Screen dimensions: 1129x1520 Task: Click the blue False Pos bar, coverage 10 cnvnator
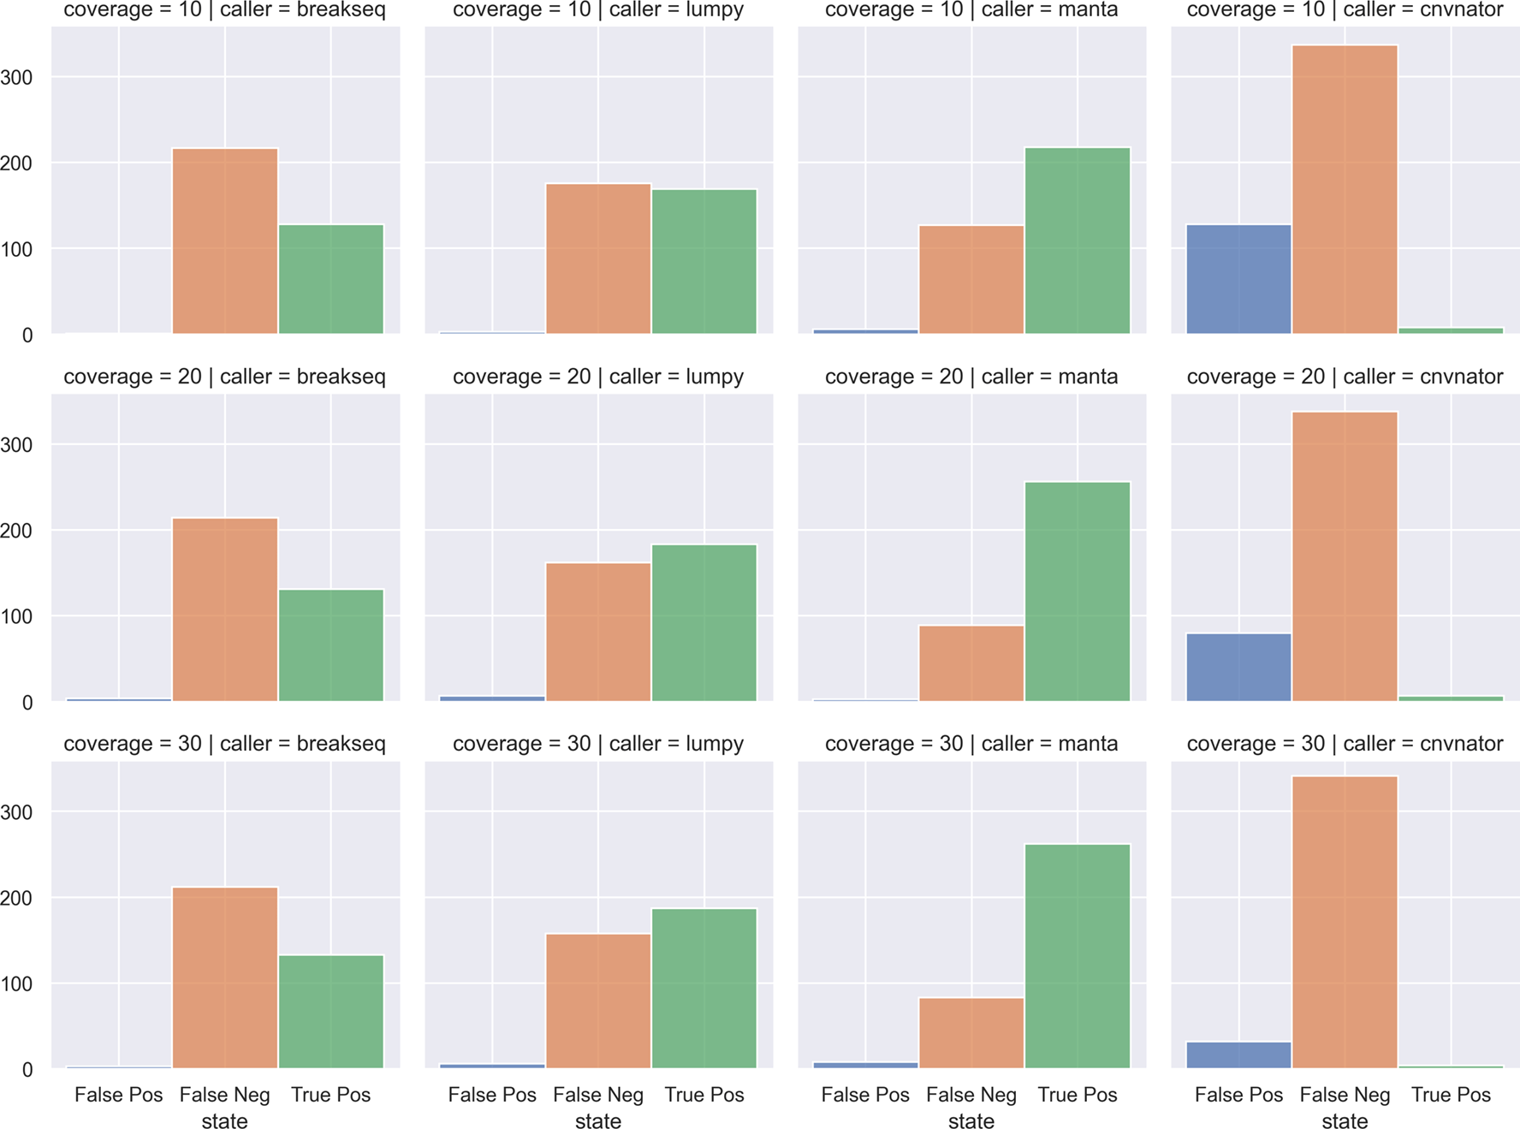[x=1238, y=279]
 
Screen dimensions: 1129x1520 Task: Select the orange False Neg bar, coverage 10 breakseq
[x=225, y=241]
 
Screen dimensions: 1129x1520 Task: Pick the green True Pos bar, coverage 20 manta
[x=1078, y=591]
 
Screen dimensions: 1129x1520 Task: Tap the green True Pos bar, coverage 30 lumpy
[x=704, y=988]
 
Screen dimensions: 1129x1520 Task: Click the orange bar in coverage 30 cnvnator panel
[x=1345, y=922]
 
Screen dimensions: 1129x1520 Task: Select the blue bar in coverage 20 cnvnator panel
[x=1238, y=667]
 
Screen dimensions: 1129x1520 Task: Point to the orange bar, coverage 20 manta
[x=971, y=663]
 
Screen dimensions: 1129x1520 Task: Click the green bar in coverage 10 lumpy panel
[x=704, y=261]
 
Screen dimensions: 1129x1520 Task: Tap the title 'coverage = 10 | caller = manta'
[x=971, y=10]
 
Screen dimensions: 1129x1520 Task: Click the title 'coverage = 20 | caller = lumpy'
[x=598, y=377]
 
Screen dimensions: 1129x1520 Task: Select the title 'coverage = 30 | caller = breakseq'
[x=224, y=744]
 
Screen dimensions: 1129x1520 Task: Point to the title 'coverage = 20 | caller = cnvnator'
[x=1345, y=377]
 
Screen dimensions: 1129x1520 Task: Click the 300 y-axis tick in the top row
[x=16, y=78]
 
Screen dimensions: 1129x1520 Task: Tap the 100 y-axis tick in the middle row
[x=16, y=617]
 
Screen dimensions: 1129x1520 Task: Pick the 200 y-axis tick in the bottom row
[x=16, y=899]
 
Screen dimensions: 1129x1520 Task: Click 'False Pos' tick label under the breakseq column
[x=118, y=1095]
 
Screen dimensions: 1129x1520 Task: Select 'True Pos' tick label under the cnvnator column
[x=1451, y=1095]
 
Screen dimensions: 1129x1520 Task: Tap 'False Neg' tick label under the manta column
[x=971, y=1095]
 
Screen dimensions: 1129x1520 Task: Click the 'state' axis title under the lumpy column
[x=598, y=1120]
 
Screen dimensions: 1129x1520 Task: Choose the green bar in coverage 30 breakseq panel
[x=331, y=1011]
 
